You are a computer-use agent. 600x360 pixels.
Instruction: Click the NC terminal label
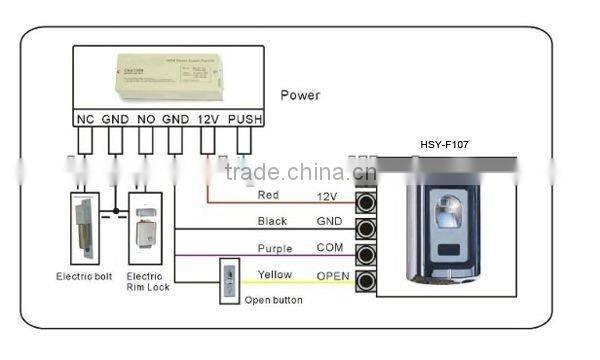85,119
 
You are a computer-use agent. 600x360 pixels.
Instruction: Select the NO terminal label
146,119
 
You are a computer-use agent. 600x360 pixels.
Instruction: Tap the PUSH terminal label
244,119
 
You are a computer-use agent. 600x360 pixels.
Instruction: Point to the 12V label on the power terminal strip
208,119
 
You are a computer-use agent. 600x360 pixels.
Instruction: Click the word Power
300,96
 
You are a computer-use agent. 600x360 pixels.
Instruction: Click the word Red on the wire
268,195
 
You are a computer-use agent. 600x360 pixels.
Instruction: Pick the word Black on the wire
272,221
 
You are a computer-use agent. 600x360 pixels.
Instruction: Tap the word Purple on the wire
275,248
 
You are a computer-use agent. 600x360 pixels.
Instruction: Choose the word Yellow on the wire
275,274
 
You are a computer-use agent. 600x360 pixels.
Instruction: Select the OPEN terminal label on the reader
333,275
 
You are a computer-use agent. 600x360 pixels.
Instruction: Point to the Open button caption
273,300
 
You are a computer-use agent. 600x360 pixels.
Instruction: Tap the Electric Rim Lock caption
146,281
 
